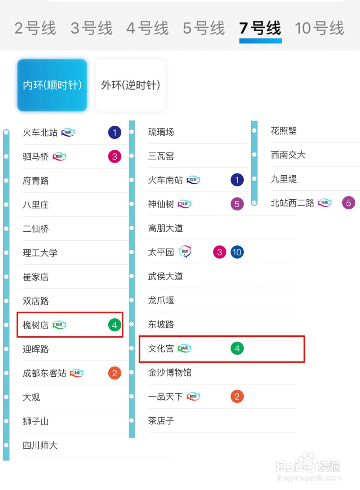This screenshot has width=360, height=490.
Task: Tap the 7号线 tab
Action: [260, 28]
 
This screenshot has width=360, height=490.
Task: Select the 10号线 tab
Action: [319, 28]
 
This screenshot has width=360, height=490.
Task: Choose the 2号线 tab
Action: [35, 28]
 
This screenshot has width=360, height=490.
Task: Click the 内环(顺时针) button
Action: [52, 85]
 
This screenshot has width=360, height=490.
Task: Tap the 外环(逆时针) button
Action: [130, 85]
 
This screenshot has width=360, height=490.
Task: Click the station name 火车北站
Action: [40, 132]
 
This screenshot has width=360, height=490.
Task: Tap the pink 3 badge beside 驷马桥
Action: [115, 156]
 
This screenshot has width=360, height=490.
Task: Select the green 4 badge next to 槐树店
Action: [115, 325]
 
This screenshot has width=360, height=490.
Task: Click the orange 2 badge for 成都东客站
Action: [115, 373]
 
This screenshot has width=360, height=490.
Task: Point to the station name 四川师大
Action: [40, 445]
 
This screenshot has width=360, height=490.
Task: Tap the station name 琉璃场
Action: [161, 132]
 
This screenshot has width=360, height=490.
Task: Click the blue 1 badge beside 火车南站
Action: [237, 180]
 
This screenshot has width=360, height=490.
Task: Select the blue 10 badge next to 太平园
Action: [237, 252]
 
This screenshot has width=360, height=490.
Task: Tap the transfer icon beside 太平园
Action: [185, 251]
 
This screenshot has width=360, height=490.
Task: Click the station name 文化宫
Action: [161, 349]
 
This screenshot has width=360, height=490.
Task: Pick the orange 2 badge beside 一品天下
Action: [237, 396]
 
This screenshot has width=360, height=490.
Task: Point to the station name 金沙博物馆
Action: [170, 372]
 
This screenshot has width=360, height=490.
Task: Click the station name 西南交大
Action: [288, 155]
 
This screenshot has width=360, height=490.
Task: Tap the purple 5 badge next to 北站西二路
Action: [348, 203]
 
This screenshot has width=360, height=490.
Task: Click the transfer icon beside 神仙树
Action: [185, 204]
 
